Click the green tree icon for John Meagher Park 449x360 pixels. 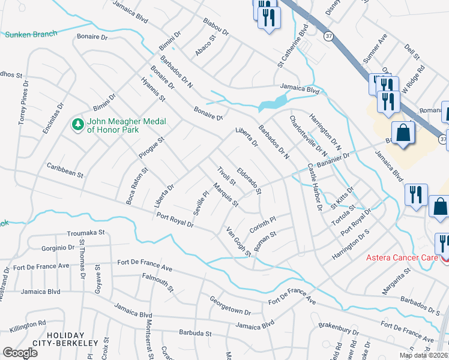click(x=77, y=124)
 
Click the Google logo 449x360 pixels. click(x=20, y=353)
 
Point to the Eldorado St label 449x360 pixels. click(x=249, y=181)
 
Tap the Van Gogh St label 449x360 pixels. click(x=238, y=241)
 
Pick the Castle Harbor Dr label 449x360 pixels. click(x=315, y=187)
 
